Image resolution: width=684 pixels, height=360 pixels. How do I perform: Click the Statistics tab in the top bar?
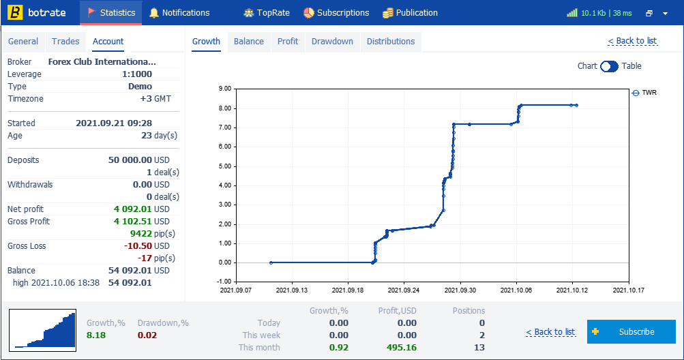110,13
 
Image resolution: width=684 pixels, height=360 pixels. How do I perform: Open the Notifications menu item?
179,13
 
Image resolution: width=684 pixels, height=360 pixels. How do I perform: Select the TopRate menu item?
267,13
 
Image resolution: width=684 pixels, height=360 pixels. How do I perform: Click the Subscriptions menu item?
336,13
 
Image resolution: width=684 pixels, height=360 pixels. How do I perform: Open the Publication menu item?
410,13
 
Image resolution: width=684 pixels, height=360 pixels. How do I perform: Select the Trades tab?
65,42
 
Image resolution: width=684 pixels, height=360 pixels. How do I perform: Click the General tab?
23,42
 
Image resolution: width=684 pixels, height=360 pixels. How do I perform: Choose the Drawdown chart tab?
332,42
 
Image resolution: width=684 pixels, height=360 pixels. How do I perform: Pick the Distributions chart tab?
391,42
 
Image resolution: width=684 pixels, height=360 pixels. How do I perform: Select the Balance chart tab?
249,42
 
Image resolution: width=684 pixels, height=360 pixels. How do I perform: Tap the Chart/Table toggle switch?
609,66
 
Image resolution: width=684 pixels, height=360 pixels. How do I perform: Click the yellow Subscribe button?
631,331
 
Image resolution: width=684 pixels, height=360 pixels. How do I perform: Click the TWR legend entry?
644,93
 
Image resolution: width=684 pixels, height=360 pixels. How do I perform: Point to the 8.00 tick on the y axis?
224,108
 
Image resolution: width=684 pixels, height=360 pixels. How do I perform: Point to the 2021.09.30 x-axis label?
460,290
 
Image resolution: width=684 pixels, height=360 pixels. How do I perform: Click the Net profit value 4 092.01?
134,209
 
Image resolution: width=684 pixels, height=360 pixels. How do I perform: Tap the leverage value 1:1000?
137,74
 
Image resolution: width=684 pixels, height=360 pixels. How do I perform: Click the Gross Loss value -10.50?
138,245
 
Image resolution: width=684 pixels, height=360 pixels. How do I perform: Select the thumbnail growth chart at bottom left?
43,330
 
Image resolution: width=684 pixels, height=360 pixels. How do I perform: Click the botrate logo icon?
15,12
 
